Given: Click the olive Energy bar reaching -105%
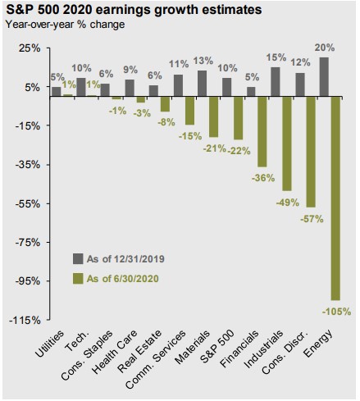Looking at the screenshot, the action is [x=335, y=198].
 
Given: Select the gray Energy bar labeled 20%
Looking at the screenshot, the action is [x=324, y=77].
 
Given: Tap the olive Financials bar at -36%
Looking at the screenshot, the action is [x=262, y=132].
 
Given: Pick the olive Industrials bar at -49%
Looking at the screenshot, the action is [x=287, y=144].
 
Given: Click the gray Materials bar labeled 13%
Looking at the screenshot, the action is [x=202, y=84].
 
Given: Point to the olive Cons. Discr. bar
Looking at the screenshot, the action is [x=311, y=152].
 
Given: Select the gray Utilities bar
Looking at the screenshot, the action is [x=57, y=92].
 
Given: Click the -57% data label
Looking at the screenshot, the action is [x=312, y=219].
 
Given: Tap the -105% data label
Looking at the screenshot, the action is [x=336, y=312].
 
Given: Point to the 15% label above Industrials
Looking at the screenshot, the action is [x=276, y=57].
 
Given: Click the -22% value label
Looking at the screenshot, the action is [x=239, y=150].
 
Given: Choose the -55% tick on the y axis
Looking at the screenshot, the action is [x=28, y=203].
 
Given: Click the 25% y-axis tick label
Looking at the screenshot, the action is [x=30, y=48].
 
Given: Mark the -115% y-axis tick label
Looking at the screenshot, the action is [x=25, y=320].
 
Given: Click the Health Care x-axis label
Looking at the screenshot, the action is [x=115, y=352].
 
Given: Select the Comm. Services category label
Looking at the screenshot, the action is [x=156, y=359].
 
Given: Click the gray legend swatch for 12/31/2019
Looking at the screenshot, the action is [x=78, y=258].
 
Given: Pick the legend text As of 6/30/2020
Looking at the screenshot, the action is [x=123, y=279].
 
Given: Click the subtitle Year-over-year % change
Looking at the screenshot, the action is [x=66, y=25].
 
